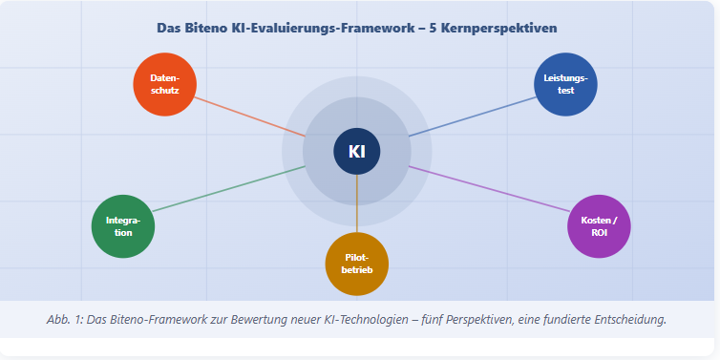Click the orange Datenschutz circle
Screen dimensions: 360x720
(164, 84)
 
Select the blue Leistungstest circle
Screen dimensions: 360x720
(565, 84)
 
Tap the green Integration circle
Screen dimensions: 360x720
(122, 226)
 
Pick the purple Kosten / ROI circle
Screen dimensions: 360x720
(599, 226)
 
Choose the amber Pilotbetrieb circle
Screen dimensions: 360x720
(357, 264)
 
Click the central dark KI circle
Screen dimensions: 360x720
(357, 151)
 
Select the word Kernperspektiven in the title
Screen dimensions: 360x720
(505, 28)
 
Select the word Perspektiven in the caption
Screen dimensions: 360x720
(471, 319)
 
